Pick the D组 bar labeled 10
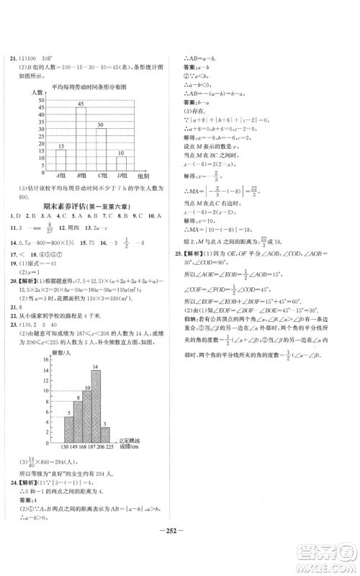(122, 165)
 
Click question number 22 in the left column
(10, 323)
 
